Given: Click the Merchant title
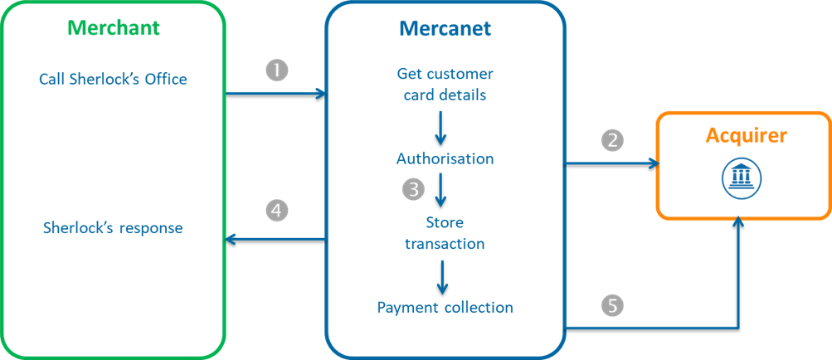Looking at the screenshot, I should tap(114, 27).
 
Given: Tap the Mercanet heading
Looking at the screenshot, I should tap(445, 28).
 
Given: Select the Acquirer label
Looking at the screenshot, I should tap(744, 134).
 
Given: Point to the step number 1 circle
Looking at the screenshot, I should tap(277, 71).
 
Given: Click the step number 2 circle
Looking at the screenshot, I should tap(612, 139).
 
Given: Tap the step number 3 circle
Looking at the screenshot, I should tap(413, 189).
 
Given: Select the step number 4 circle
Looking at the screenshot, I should tap(277, 212).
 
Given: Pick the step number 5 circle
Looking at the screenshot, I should tap(612, 306).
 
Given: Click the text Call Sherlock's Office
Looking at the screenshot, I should tap(113, 79).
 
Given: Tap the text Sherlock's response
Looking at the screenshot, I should tap(113, 227).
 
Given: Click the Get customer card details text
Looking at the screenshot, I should tap(445, 85).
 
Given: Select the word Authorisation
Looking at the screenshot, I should tap(445, 158).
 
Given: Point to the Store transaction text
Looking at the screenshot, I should tap(445, 233).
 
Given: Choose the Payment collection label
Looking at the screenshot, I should tap(445, 308).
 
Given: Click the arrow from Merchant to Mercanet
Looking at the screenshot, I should tap(276, 93).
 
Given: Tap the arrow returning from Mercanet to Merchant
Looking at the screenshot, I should tap(276, 239).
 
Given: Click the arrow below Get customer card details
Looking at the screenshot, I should tap(441, 126).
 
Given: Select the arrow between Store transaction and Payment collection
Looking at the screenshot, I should tap(442, 276).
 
